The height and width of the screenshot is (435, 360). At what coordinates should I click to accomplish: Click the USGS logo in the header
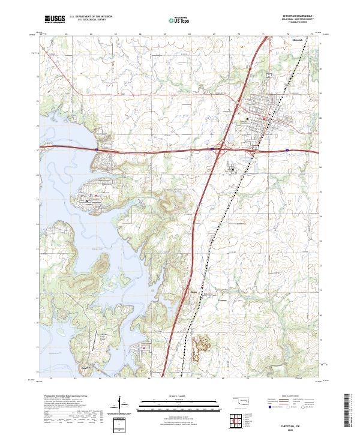coord(54,20)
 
